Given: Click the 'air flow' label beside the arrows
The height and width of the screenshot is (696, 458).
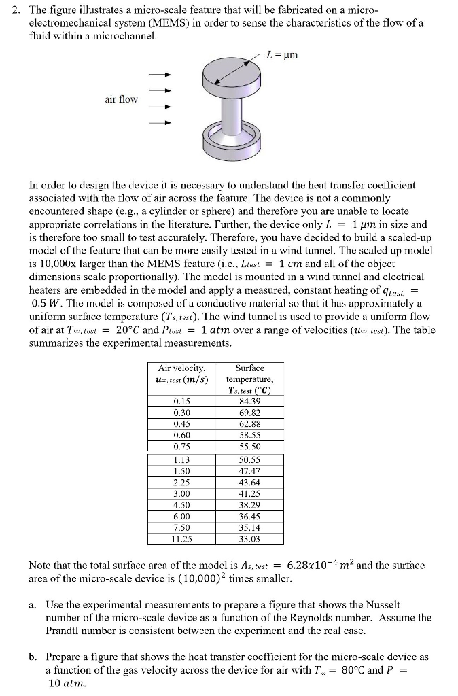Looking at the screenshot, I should pos(121,99).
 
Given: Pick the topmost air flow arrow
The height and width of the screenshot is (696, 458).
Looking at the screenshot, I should pos(159,74).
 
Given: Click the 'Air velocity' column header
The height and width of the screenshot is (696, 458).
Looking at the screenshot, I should pos(181,373).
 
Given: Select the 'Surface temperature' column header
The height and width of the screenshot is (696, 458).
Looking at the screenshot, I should pos(249,379).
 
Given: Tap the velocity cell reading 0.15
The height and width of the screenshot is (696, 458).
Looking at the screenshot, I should pos(181,401).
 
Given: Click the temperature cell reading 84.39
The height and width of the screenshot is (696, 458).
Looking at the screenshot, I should pos(249,401).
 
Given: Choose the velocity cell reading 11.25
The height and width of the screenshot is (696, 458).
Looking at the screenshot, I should pos(181,539).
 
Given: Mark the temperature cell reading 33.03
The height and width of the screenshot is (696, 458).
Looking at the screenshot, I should pos(249,539).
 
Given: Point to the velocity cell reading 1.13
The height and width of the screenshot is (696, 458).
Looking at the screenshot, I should pos(181,459).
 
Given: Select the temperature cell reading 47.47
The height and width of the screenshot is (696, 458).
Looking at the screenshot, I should pos(249,471).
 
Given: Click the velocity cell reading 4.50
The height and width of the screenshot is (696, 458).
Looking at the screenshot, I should pos(181,505).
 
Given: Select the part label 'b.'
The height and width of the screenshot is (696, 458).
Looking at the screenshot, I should pos(33,657).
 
